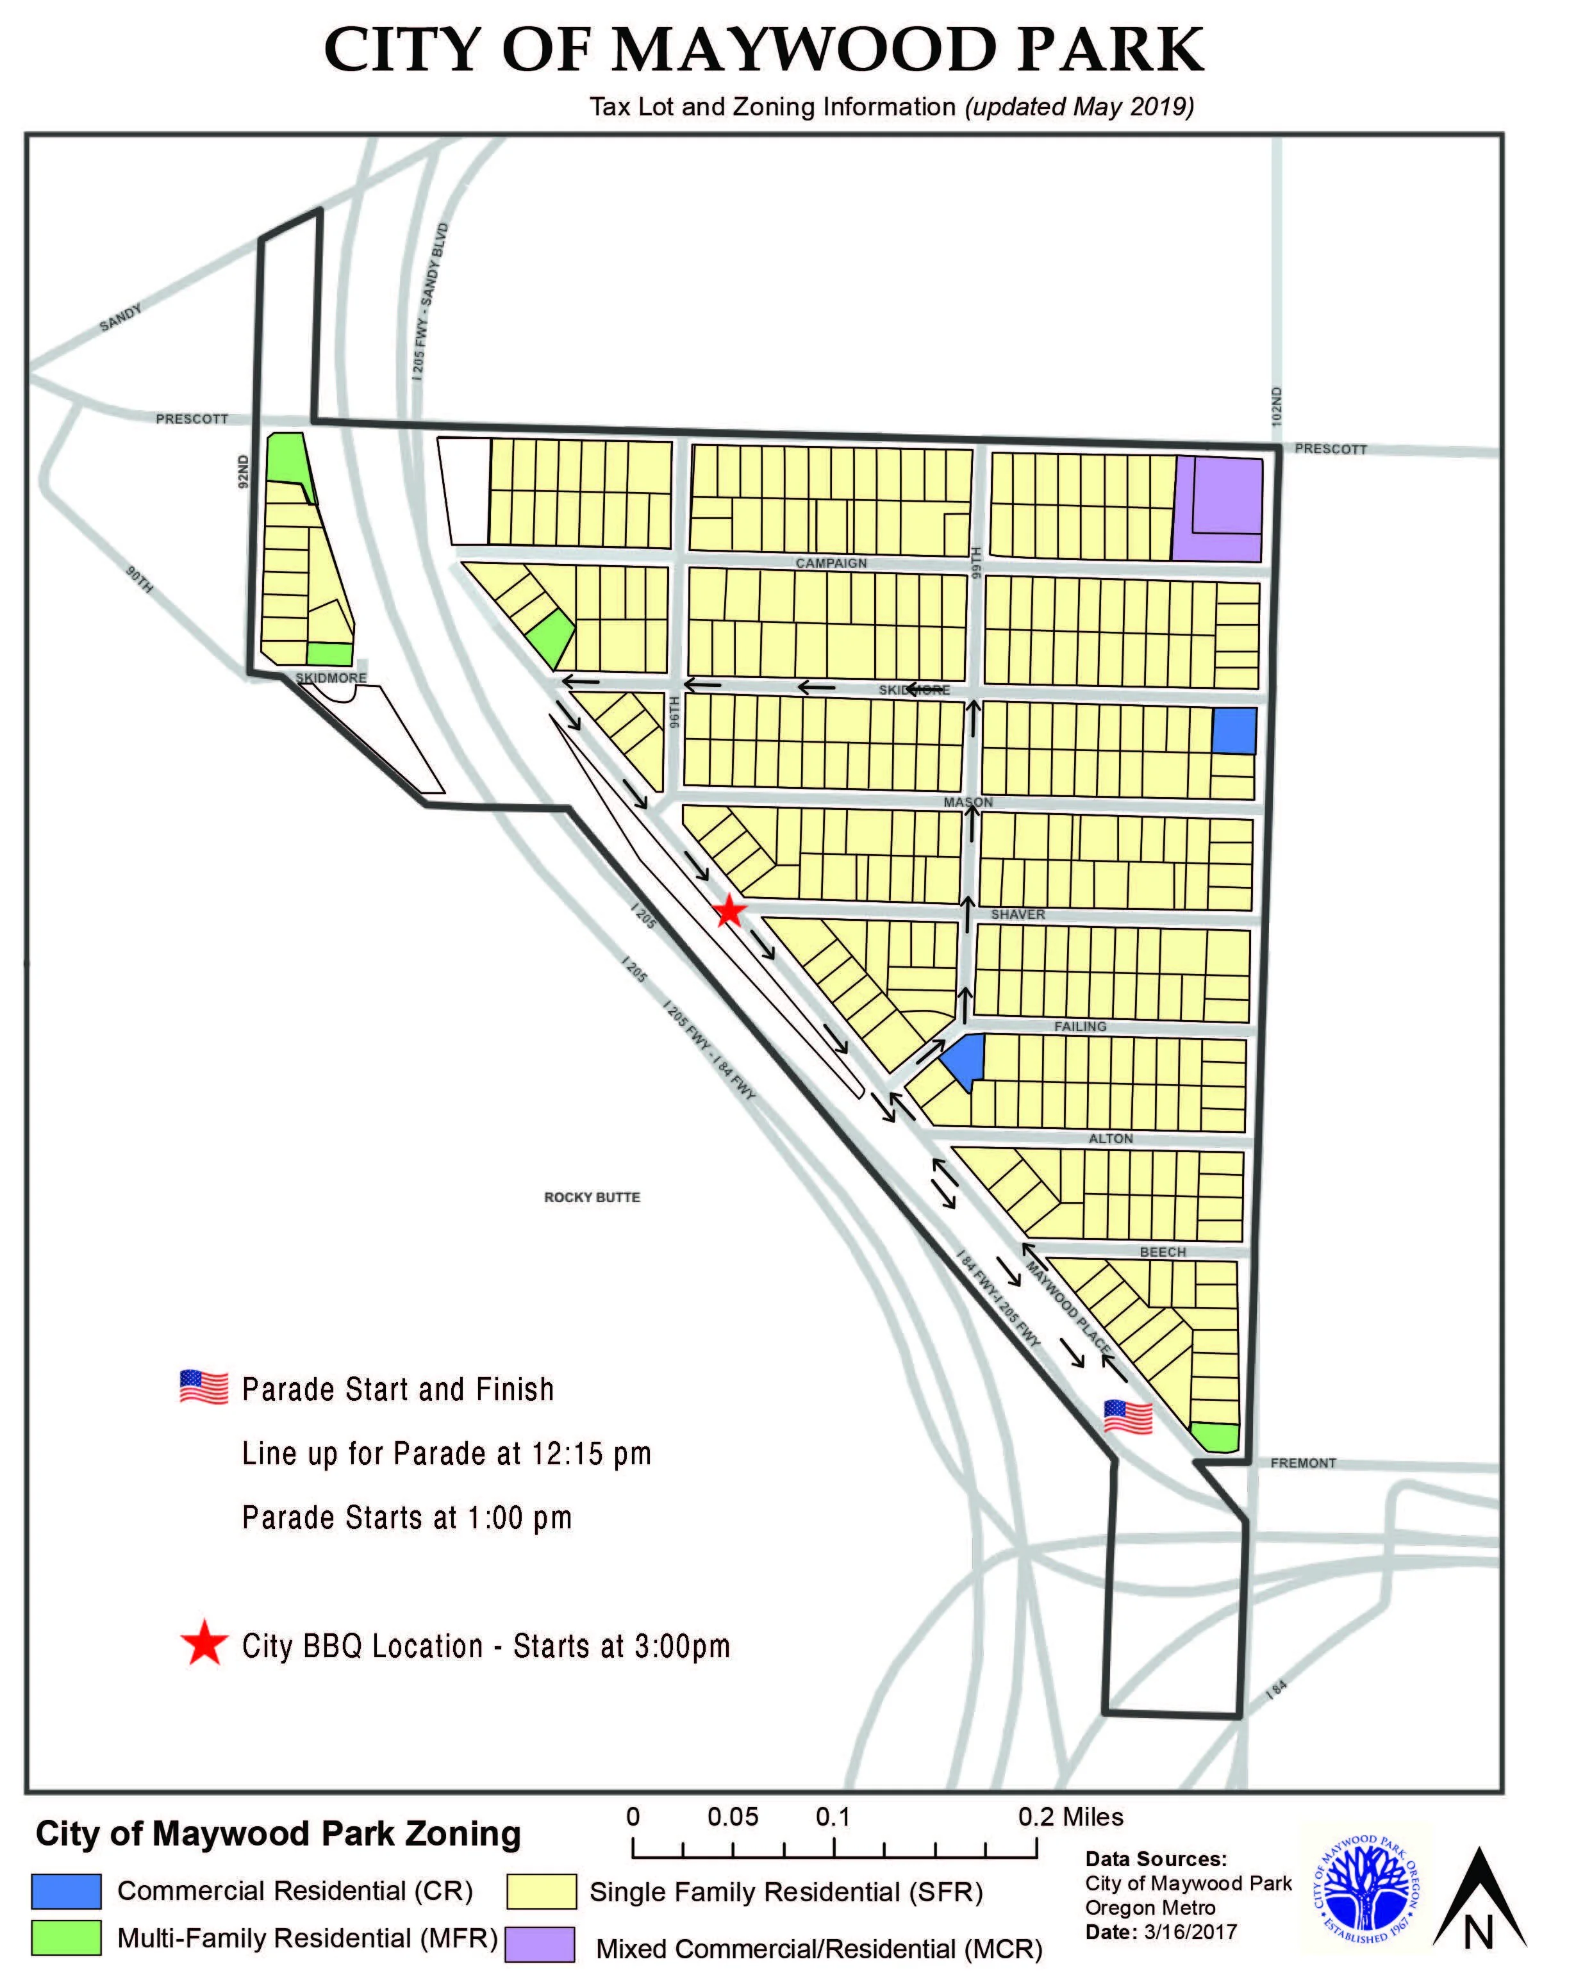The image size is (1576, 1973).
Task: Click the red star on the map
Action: pyautogui.click(x=729, y=911)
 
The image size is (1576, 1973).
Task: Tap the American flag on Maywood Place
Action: pyautogui.click(x=1127, y=1417)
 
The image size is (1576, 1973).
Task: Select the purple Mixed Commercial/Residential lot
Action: pyautogui.click(x=1218, y=509)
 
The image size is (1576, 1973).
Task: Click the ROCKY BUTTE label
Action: pyautogui.click(x=592, y=1197)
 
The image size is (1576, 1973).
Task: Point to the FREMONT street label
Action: pyautogui.click(x=1303, y=1464)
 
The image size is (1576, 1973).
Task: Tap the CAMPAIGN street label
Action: pyautogui.click(x=831, y=563)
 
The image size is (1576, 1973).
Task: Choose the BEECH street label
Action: pyautogui.click(x=1163, y=1252)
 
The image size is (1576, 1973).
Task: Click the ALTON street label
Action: pyautogui.click(x=1111, y=1139)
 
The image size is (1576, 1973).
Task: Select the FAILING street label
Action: pyautogui.click(x=1080, y=1026)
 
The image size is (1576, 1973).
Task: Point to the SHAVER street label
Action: pyautogui.click(x=1018, y=914)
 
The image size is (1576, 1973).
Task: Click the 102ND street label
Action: pyautogui.click(x=1277, y=406)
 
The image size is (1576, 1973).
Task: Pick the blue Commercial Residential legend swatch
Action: pyautogui.click(x=66, y=1890)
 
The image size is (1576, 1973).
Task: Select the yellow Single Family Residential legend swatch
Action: pyautogui.click(x=542, y=1890)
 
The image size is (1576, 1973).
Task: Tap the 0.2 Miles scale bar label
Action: pyautogui.click(x=1071, y=1817)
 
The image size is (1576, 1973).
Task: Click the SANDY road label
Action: pyautogui.click(x=120, y=318)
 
